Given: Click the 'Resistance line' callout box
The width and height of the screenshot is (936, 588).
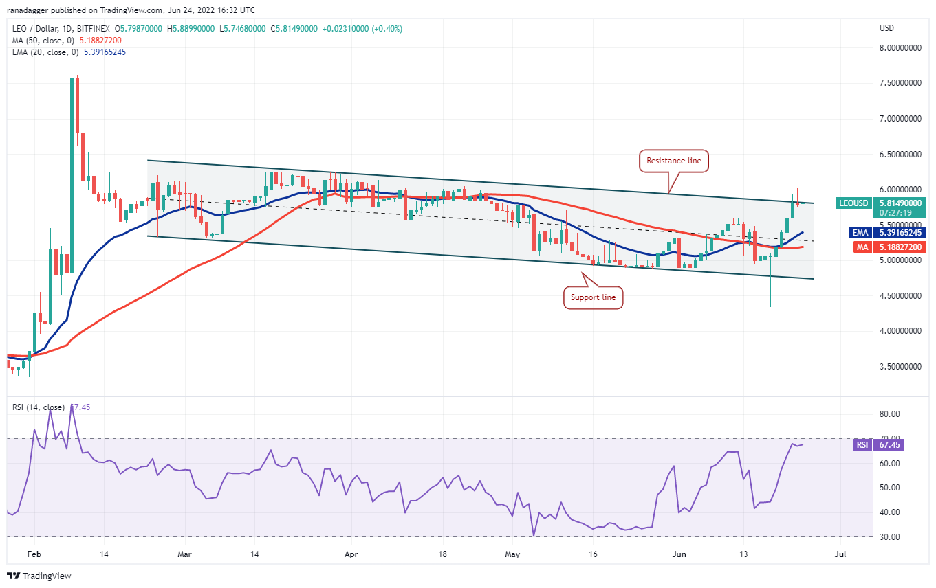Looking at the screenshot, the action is [673, 161].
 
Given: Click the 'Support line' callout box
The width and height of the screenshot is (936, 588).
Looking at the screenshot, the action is [593, 297].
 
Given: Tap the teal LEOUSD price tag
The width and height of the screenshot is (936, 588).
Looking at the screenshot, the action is [853, 203].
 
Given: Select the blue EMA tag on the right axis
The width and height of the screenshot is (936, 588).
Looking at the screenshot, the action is [860, 233].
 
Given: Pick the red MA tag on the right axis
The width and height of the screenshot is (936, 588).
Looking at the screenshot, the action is [862, 247].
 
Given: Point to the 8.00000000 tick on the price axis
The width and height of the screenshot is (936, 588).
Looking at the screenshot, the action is [900, 48].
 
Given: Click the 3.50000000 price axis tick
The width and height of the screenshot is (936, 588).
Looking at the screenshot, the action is [900, 367].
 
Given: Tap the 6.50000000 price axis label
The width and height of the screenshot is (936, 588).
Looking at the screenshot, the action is [900, 155].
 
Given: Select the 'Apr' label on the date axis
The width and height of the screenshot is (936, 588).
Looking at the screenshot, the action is [351, 554].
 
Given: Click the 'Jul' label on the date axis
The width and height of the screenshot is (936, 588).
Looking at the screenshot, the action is [840, 554].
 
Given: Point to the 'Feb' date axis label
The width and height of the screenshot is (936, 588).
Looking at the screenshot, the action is [34, 554].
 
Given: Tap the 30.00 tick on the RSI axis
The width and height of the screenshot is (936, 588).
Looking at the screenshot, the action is [890, 537].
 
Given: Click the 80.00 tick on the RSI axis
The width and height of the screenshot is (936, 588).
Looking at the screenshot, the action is [890, 414].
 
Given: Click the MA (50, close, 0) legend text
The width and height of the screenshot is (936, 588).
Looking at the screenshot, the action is [43, 41].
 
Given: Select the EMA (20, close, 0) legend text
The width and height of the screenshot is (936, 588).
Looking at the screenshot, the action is [45, 52].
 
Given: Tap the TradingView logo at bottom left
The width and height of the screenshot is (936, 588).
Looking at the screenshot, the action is [39, 576].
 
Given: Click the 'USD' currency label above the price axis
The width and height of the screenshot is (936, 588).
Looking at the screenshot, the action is [886, 28].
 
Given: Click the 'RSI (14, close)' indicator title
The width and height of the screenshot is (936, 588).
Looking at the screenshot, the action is [39, 407].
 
